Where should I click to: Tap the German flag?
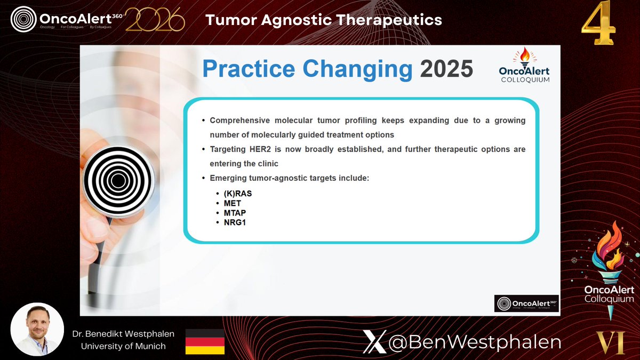point(205,342)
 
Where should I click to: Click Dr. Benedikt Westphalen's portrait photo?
point(37,329)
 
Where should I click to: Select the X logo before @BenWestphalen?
point(374,342)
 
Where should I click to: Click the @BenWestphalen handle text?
point(475,342)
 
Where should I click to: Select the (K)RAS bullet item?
point(237,194)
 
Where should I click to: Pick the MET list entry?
point(233,203)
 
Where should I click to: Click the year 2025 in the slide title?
point(446,69)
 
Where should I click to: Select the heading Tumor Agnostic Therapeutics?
point(324,20)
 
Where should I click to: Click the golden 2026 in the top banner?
point(155,20)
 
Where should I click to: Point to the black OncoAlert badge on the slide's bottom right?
point(526,303)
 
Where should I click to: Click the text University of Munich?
point(123,346)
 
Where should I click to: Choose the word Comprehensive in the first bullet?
point(240,121)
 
